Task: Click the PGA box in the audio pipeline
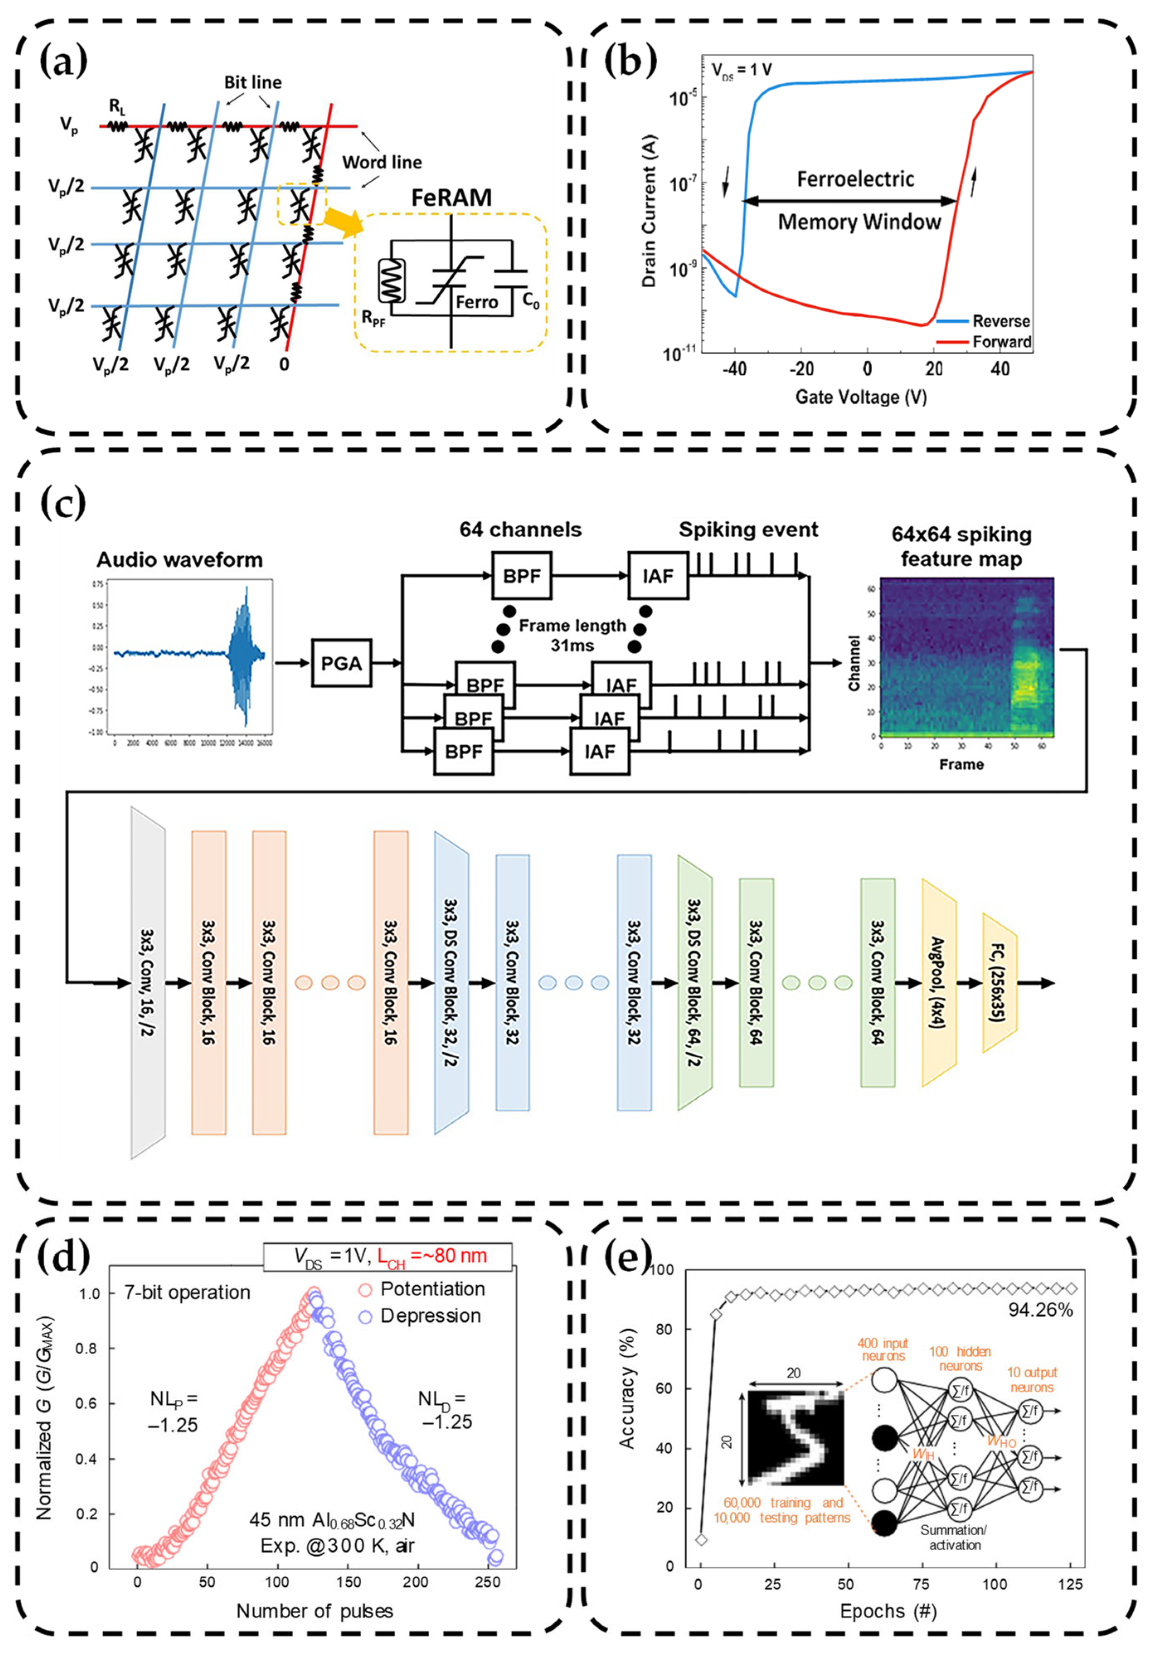point(341,663)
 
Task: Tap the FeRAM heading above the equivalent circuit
point(452,197)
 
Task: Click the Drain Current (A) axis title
point(649,216)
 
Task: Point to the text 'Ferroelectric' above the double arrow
point(855,179)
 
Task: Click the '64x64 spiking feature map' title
point(961,546)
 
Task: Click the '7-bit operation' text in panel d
point(187,1292)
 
